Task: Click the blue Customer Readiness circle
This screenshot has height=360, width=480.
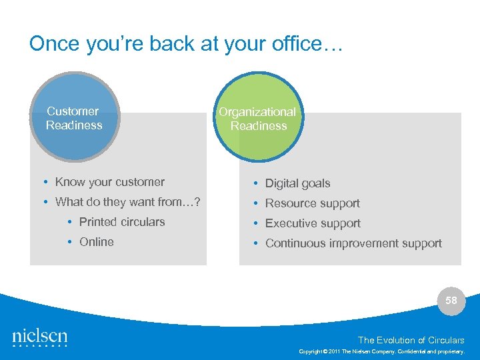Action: coord(74,117)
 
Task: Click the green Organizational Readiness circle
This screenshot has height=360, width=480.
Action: coord(258,118)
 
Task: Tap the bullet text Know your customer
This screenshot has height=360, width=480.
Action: coord(109,182)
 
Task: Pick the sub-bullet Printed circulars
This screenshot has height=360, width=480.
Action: coord(121,222)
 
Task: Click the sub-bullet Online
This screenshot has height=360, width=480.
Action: coord(96,242)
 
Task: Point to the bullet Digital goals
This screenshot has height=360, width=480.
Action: coord(297,183)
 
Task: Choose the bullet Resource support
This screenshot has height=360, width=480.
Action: coord(312,203)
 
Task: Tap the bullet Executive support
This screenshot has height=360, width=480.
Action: coord(313,223)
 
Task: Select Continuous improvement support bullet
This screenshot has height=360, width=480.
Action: coord(353,243)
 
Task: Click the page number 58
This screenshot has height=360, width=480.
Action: coord(451,301)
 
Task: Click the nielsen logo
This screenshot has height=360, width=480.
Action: coord(40,337)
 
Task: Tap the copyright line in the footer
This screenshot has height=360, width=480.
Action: coord(381,351)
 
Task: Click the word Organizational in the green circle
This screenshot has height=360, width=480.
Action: coord(257,112)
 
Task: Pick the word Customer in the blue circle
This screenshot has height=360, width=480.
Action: coord(73,111)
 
